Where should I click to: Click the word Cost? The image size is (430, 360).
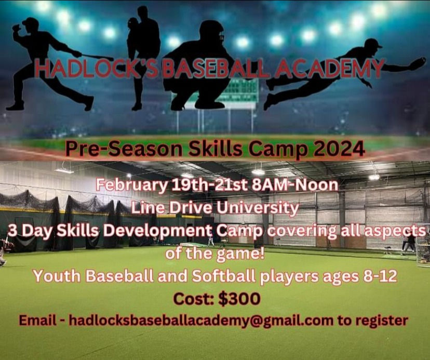(195, 299)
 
